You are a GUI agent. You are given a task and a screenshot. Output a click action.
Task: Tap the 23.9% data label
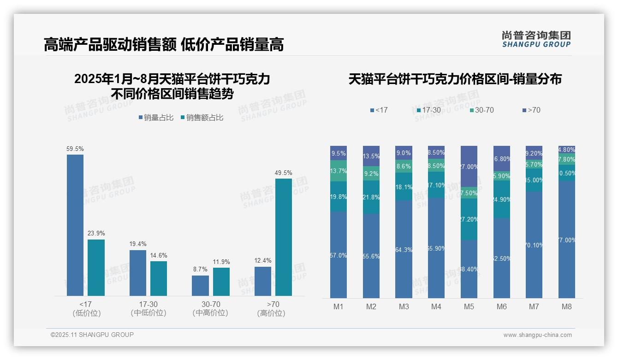click(96, 233)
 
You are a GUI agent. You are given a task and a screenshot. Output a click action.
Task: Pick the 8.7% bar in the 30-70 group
click(200, 286)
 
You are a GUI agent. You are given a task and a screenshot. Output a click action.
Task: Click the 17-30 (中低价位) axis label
click(148, 308)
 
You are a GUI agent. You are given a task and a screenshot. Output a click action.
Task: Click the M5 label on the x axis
click(469, 306)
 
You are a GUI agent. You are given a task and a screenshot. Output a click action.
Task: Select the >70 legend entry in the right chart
click(531, 110)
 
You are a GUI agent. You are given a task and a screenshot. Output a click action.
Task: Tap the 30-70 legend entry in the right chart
click(482, 110)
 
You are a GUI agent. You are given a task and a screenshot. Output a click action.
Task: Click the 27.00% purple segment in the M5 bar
click(469, 166)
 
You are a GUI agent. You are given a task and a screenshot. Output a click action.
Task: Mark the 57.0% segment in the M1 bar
click(339, 255)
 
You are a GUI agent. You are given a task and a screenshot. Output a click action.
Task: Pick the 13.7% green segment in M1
click(339, 171)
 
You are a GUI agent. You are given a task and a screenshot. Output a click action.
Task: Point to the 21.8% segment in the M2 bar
click(371, 197)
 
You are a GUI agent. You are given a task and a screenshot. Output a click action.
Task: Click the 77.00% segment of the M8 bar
click(567, 240)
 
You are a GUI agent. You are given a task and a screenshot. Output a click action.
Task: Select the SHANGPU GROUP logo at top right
click(536, 39)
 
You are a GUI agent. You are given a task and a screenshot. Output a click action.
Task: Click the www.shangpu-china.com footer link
click(537, 335)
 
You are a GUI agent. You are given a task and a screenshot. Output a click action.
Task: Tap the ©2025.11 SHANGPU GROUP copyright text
click(92, 335)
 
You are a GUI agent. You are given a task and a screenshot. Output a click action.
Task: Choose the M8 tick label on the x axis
click(567, 306)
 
